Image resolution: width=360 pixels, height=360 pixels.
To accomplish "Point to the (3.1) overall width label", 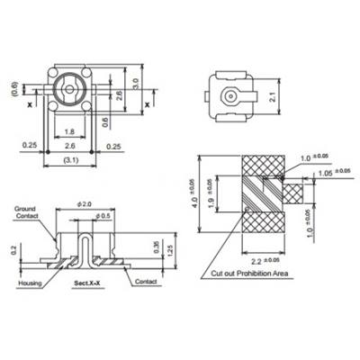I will click(68, 159).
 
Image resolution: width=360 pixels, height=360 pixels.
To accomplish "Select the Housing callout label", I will click(30, 282).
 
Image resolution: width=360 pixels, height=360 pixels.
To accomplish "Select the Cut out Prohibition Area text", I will click(248, 272).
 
